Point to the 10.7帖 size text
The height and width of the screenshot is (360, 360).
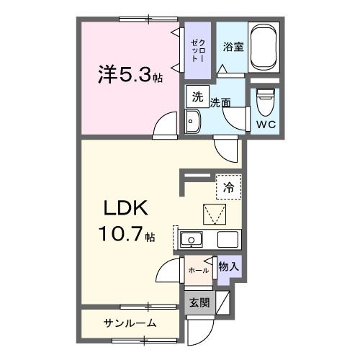click(x=126, y=234)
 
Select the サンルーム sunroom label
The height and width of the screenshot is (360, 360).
click(x=129, y=322)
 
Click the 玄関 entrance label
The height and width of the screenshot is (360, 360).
click(x=199, y=303)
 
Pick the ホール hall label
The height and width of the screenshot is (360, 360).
click(x=198, y=270)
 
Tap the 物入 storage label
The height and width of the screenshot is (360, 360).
click(x=228, y=267)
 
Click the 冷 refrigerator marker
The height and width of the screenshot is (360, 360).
click(x=228, y=185)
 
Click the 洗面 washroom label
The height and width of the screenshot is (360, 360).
click(x=220, y=103)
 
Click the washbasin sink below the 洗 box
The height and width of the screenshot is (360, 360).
click(x=192, y=122)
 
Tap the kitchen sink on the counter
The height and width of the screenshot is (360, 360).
click(x=192, y=240)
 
